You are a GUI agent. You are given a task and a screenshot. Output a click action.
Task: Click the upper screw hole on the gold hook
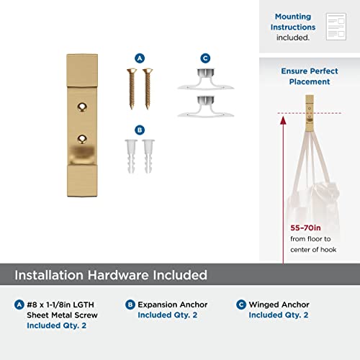(82, 107)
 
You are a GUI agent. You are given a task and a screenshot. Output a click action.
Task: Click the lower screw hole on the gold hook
(82, 139)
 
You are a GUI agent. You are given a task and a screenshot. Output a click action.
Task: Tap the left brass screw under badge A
(132, 89)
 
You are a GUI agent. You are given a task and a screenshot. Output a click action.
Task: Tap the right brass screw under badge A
(148, 89)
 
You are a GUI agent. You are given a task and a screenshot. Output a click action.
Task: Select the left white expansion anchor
(131, 156)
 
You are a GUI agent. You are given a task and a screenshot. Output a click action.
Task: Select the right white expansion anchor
(148, 156)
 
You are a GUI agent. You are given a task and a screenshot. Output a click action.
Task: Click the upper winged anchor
(205, 79)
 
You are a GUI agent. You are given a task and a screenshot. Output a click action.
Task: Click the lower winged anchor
(205, 107)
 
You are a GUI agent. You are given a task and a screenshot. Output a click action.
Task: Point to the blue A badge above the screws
(140, 58)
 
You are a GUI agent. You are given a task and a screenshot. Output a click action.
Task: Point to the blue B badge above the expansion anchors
(140, 130)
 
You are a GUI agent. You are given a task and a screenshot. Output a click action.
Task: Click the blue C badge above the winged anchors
(205, 58)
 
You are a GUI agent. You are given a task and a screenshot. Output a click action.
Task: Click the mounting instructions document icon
(336, 27)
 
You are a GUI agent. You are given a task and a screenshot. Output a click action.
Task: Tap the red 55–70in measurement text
(305, 228)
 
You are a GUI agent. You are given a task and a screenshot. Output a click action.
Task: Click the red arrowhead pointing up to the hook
(283, 120)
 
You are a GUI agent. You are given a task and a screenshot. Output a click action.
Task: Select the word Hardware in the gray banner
(118, 275)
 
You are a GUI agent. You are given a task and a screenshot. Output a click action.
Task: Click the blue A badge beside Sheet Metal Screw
(19, 305)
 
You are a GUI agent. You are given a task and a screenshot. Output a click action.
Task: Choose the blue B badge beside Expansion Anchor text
(130, 305)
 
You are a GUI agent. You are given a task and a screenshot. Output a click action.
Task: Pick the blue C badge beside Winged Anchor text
(241, 305)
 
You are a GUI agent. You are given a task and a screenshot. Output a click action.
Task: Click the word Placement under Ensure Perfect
(310, 82)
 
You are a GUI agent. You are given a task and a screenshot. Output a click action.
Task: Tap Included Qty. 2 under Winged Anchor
(279, 315)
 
